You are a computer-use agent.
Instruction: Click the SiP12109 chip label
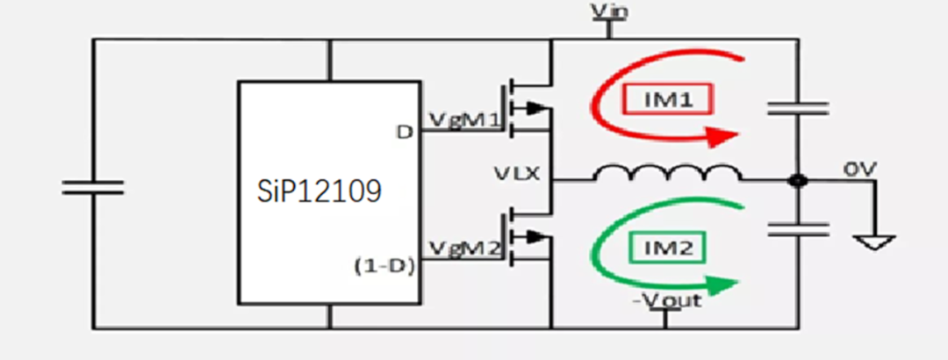pos(320,191)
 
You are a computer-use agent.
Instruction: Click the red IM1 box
pos(668,99)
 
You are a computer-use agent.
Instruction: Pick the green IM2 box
pos(668,248)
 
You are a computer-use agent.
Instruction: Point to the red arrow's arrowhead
pos(723,137)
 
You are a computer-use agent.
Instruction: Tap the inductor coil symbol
pos(668,173)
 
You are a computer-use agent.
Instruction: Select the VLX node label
pos(516,175)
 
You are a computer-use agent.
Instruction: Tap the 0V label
pos(859,170)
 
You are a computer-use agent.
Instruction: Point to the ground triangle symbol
pos(873,243)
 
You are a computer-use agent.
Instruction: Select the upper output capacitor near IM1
pos(798,108)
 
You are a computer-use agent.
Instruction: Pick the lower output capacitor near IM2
pos(798,228)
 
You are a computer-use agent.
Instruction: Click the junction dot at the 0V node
pos(798,180)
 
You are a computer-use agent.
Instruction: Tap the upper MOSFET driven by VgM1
pos(526,109)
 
